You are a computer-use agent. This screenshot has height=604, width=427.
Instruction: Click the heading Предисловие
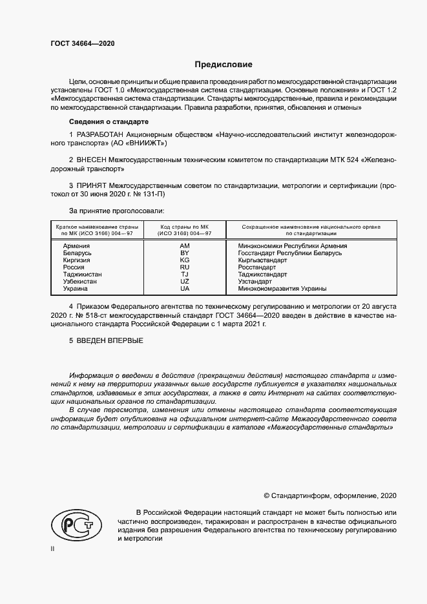click(224, 65)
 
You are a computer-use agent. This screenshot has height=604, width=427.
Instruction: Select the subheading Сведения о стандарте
click(109, 121)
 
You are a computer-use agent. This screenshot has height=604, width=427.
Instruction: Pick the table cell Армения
click(76, 246)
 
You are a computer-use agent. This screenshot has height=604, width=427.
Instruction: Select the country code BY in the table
click(184, 253)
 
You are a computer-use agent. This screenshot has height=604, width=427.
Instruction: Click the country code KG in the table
click(184, 260)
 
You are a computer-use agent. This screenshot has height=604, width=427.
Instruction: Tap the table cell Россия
click(74, 267)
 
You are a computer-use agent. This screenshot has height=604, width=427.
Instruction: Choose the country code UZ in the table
click(184, 282)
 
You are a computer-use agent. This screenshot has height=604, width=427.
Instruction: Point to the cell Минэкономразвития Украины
click(282, 289)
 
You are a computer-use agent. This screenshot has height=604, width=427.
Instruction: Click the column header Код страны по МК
click(184, 227)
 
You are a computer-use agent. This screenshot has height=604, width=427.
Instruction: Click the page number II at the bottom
click(52, 548)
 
